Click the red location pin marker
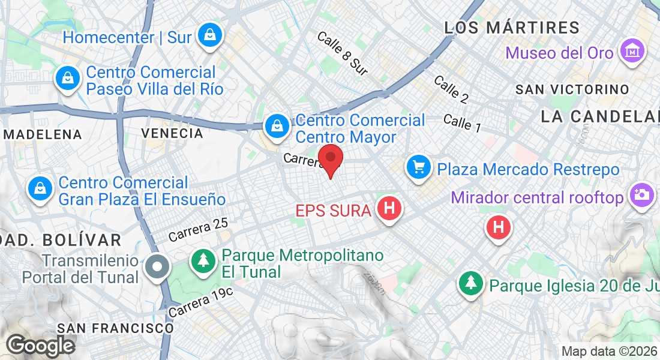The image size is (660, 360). (330, 160)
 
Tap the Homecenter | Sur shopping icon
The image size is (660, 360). (210, 35)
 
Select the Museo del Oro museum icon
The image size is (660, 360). (633, 51)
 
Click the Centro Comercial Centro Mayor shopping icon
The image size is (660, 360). (277, 126)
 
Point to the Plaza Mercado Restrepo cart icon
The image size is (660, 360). (418, 167)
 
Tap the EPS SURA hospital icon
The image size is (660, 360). (389, 209)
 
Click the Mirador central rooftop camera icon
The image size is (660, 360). (641, 195)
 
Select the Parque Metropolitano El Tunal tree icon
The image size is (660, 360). (204, 260)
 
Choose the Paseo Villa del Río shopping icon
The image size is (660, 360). (68, 78)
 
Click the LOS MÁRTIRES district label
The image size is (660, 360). (512, 28)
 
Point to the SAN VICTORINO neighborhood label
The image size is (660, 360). (572, 89)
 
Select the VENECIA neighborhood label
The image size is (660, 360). (172, 133)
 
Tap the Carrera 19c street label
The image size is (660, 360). (200, 302)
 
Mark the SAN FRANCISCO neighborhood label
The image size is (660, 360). (115, 328)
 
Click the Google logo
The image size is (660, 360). (40, 346)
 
